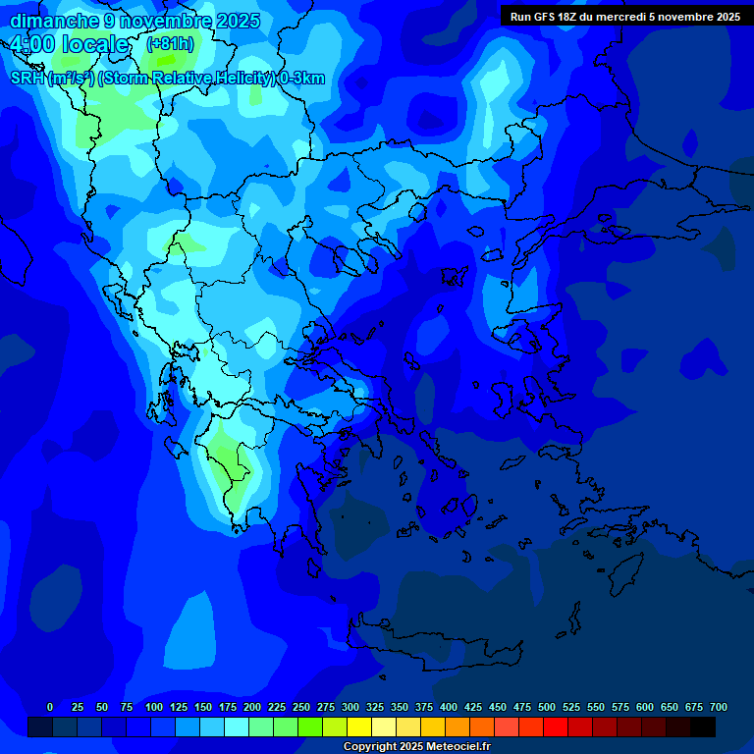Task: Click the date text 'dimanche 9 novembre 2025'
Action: [x=135, y=21]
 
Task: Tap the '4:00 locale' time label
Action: [x=71, y=45]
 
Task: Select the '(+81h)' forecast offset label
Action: [x=170, y=44]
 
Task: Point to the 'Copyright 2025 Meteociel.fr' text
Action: [x=416, y=747]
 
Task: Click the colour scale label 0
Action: [x=50, y=707]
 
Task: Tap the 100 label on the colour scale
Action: [x=154, y=707]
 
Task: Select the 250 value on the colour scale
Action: [x=301, y=707]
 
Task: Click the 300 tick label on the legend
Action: [x=350, y=707]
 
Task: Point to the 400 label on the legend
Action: [x=449, y=707]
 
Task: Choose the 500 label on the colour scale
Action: [x=547, y=707]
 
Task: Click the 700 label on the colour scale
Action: [x=719, y=707]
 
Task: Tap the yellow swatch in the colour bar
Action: [x=359, y=727]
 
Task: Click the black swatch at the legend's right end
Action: [x=703, y=727]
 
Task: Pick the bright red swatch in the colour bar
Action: [x=556, y=727]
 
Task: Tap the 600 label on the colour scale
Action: [x=645, y=707]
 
